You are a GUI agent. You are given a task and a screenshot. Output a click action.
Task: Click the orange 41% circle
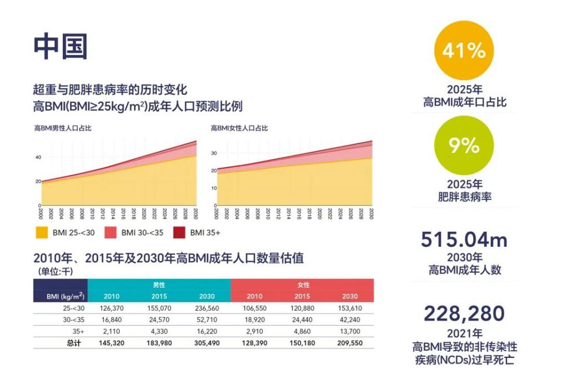tap(464, 51)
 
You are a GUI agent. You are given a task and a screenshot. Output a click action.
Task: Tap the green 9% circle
tap(464, 145)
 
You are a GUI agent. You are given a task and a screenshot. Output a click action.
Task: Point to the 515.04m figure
tap(464, 240)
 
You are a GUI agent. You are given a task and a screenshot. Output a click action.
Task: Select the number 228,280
tap(464, 313)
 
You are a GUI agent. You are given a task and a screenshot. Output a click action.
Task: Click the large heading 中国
tap(61, 46)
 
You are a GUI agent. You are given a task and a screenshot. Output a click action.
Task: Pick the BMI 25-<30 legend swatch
tap(41, 232)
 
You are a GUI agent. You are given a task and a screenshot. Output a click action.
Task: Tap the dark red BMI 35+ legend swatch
tap(179, 232)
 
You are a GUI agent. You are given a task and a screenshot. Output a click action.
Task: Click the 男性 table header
tap(159, 285)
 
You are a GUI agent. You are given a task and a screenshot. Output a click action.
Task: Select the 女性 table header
tap(302, 285)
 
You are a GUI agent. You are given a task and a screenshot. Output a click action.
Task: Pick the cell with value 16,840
tap(112, 320)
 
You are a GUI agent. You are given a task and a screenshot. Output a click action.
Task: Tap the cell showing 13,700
tap(350, 331)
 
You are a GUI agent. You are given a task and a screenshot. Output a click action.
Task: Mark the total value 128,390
tap(255, 343)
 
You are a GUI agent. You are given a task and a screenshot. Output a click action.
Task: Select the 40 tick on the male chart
tap(38, 157)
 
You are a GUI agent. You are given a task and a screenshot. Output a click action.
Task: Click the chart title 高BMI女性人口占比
tap(239, 128)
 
